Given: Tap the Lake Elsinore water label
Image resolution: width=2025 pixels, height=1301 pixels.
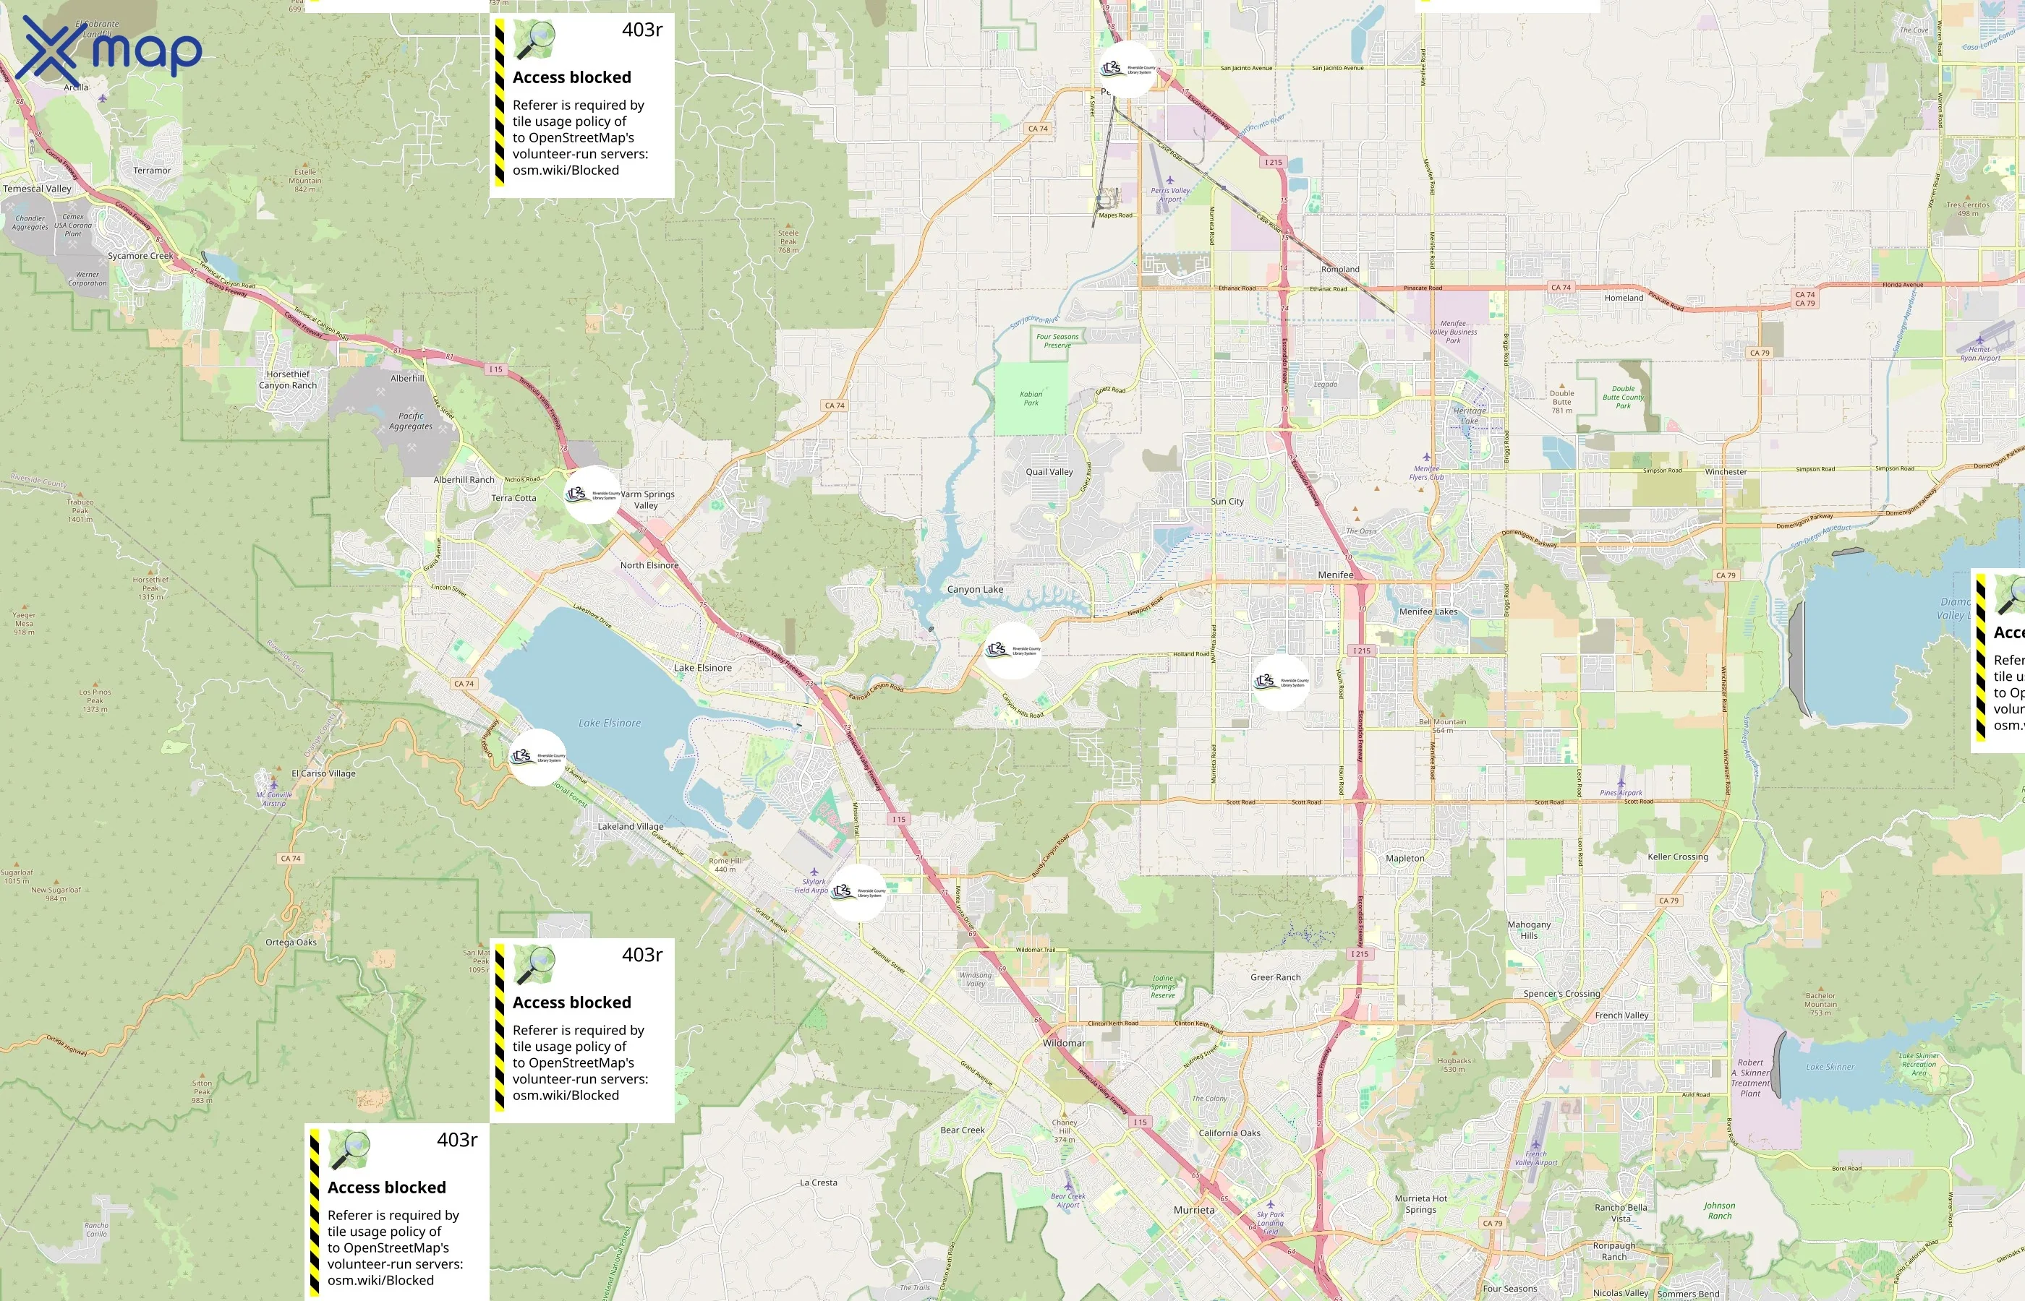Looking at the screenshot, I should click(x=610, y=724).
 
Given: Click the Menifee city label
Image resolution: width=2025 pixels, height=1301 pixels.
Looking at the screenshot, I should click(x=1335, y=575).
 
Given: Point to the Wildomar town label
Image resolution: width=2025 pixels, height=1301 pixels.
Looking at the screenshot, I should click(x=1063, y=1042).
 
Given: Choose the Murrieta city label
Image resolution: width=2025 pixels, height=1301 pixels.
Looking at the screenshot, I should click(x=1193, y=1210).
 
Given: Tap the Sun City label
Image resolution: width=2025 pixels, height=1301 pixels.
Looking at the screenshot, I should click(x=1227, y=501).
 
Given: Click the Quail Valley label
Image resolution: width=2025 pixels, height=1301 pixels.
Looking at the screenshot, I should click(x=1049, y=471).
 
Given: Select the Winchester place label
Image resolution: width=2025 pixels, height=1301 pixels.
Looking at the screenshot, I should click(x=1725, y=471).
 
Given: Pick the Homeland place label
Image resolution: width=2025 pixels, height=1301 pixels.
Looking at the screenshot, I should click(x=1624, y=297).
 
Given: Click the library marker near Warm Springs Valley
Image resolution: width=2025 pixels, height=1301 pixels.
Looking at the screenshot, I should click(x=592, y=494).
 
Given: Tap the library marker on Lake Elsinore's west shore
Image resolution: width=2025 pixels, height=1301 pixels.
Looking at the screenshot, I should click(x=537, y=757).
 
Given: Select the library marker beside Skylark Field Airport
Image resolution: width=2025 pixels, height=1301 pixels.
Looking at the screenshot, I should click(x=858, y=892).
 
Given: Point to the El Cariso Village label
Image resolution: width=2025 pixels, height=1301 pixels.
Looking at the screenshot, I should click(x=323, y=773).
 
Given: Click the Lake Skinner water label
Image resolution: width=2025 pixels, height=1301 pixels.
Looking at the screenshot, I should click(x=1830, y=1067).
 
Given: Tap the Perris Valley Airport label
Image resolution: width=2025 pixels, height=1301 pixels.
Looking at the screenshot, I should click(x=1169, y=194).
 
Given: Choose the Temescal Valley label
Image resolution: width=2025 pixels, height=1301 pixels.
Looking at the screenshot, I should click(x=37, y=189).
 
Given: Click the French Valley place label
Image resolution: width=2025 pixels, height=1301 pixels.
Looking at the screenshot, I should click(x=1621, y=1016).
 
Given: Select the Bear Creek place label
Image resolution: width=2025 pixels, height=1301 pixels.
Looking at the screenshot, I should click(x=962, y=1130).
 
